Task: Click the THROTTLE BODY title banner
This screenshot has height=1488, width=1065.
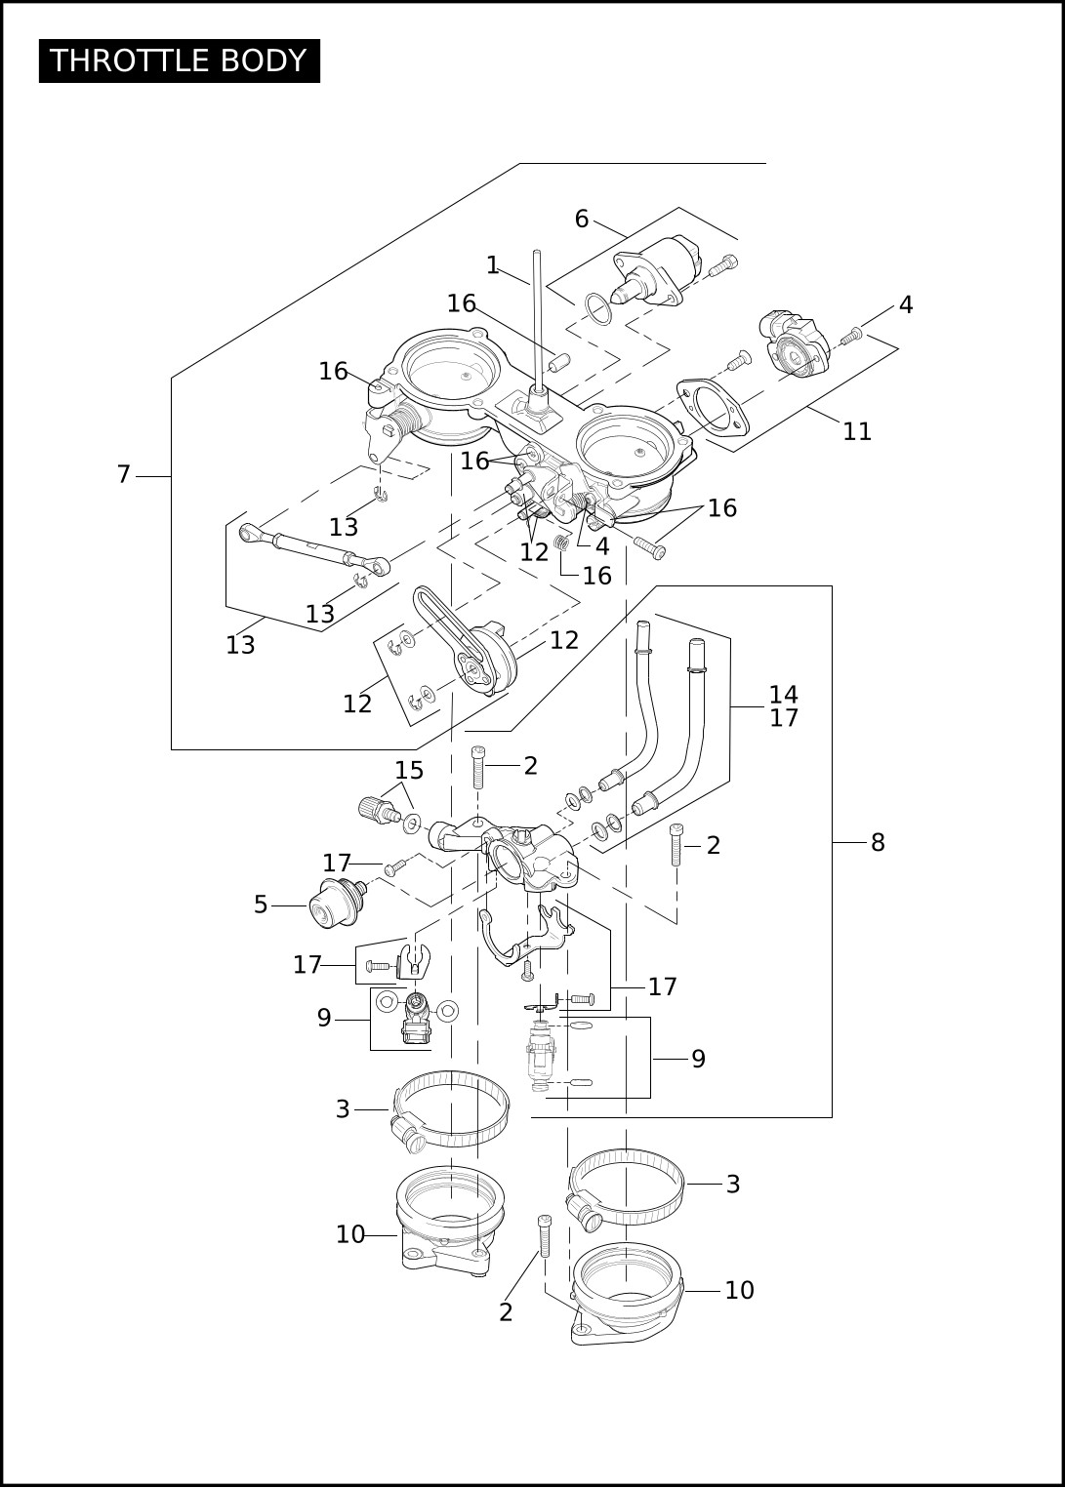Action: coord(180,60)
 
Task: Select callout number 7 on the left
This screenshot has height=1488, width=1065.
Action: coord(124,474)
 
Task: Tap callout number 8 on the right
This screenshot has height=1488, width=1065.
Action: coord(878,842)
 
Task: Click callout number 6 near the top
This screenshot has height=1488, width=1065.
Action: coord(582,219)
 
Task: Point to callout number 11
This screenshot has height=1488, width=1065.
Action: coord(856,432)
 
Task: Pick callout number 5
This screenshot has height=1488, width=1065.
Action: coord(261,905)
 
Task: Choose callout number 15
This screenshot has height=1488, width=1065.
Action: coord(409,771)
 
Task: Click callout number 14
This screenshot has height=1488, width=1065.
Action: coord(783,694)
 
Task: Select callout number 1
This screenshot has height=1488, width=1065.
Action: coord(492,265)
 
